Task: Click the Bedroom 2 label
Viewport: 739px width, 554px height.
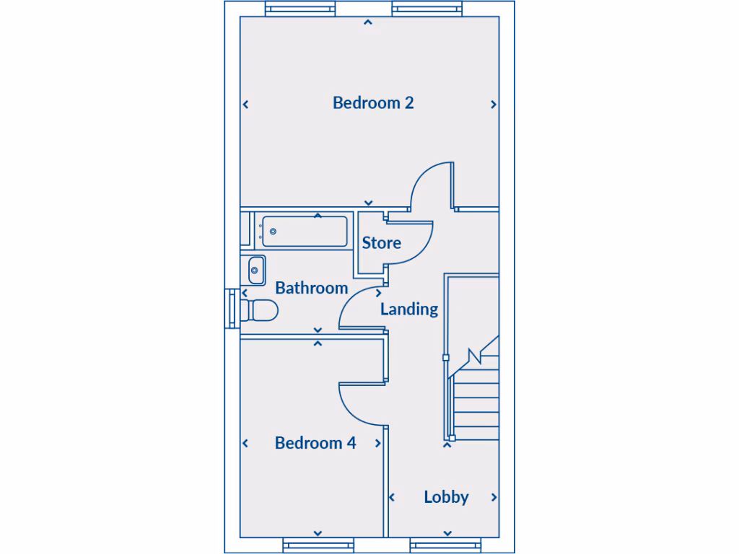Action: pyautogui.click(x=373, y=102)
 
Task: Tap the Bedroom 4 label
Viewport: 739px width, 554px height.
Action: pyautogui.click(x=315, y=443)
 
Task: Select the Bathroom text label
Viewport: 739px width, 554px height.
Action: pyautogui.click(x=312, y=288)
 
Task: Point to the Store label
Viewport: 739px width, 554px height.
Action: pyautogui.click(x=381, y=243)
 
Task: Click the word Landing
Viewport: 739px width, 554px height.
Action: pyautogui.click(x=409, y=309)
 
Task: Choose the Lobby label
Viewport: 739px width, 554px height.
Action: pyautogui.click(x=446, y=497)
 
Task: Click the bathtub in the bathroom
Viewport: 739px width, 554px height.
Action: pyautogui.click(x=304, y=232)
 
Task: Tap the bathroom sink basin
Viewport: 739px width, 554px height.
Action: pyautogui.click(x=255, y=271)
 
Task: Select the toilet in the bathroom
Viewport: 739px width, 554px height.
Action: pyautogui.click(x=260, y=311)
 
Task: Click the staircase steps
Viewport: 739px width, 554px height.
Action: pyautogui.click(x=476, y=404)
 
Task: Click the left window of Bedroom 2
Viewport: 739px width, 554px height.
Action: pyautogui.click(x=300, y=9)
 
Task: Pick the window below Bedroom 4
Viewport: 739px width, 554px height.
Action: pyautogui.click(x=317, y=545)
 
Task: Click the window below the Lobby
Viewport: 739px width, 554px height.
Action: pyautogui.click(x=447, y=545)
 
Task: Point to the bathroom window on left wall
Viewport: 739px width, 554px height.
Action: pyautogui.click(x=231, y=309)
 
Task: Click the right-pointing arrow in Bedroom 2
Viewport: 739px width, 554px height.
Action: pyautogui.click(x=494, y=105)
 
